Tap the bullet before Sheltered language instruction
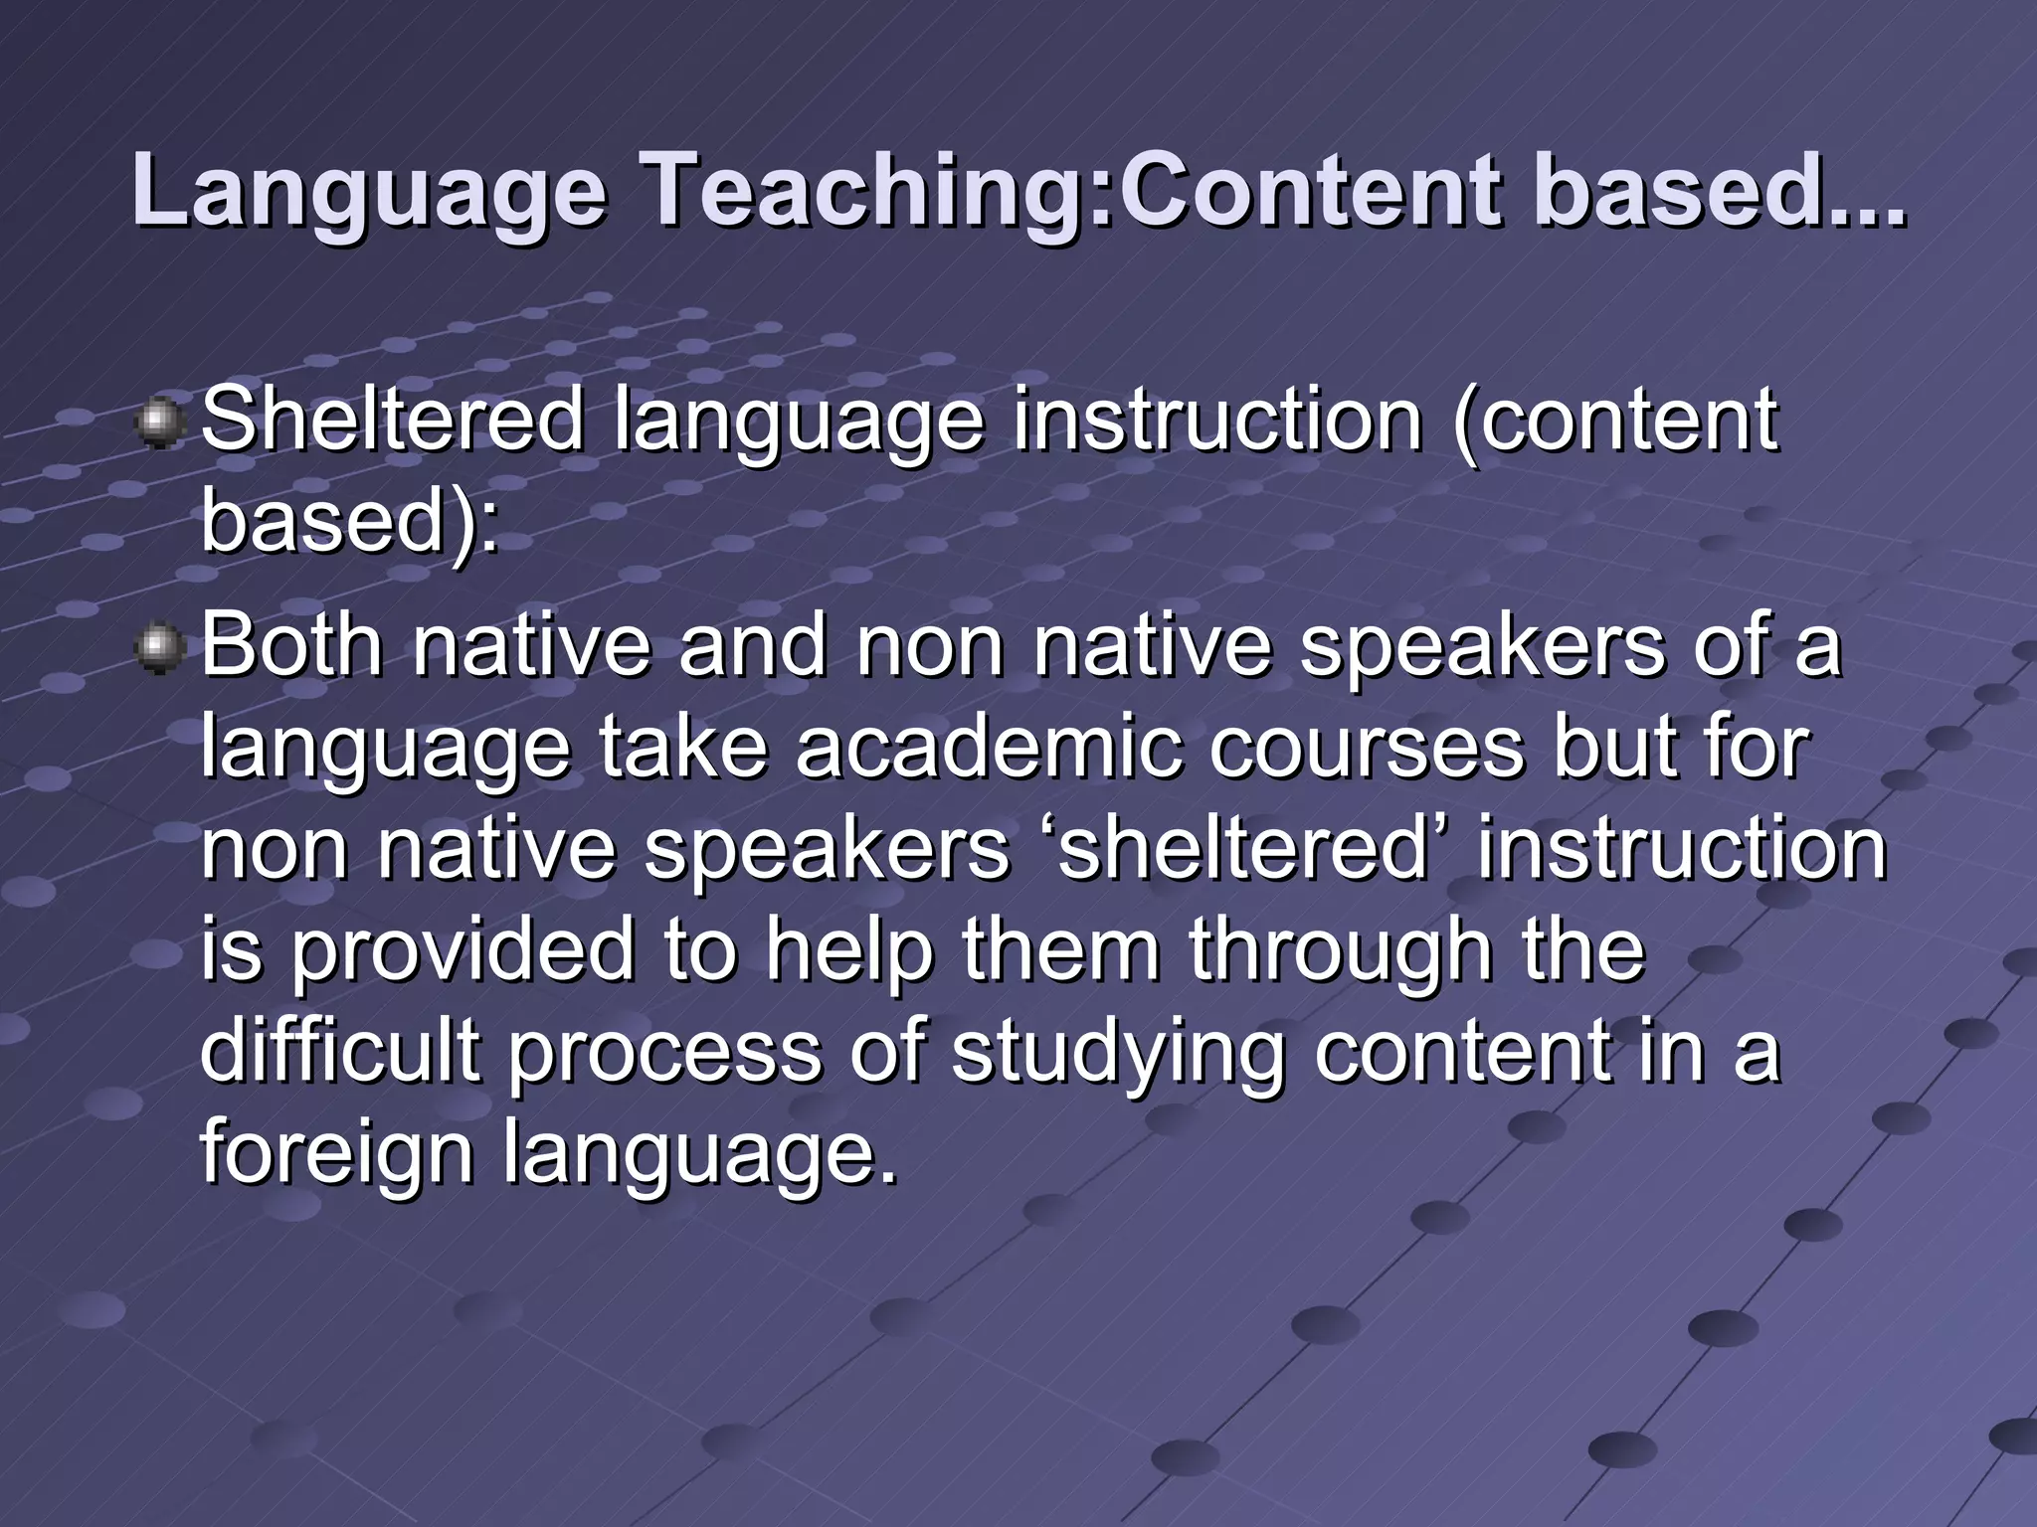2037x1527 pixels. click(x=159, y=424)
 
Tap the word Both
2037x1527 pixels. click(x=291, y=645)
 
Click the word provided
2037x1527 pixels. click(x=463, y=951)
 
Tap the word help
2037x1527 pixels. click(x=849, y=951)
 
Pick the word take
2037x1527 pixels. click(x=682, y=748)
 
